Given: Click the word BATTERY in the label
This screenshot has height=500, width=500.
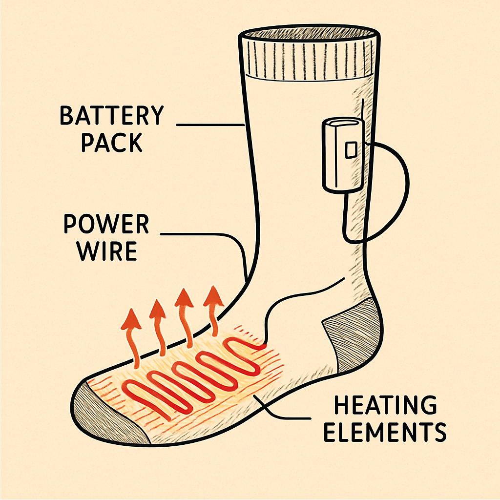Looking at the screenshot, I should pyautogui.click(x=111, y=116).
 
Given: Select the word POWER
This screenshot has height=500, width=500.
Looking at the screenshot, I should pyautogui.click(x=106, y=224).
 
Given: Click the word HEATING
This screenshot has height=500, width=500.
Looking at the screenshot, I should pyautogui.click(x=385, y=405).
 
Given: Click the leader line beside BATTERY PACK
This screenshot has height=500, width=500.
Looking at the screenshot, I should pyautogui.click(x=210, y=125).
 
